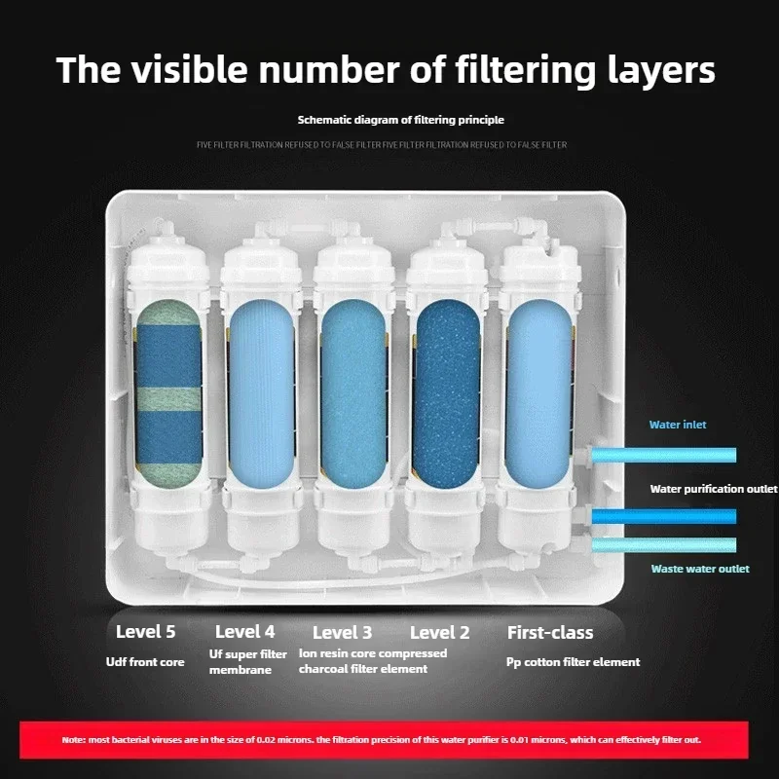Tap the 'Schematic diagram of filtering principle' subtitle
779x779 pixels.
[400, 120]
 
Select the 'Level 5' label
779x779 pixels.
[145, 632]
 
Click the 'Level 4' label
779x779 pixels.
[244, 632]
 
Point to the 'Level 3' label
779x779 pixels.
[342, 632]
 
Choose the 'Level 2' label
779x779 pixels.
[439, 632]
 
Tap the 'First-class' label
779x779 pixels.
[550, 632]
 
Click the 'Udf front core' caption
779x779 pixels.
[145, 662]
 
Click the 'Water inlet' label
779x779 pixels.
[678, 425]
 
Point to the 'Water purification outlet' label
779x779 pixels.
[714, 489]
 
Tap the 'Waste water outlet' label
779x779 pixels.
[699, 569]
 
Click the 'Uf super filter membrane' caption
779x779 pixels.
[248, 661]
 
